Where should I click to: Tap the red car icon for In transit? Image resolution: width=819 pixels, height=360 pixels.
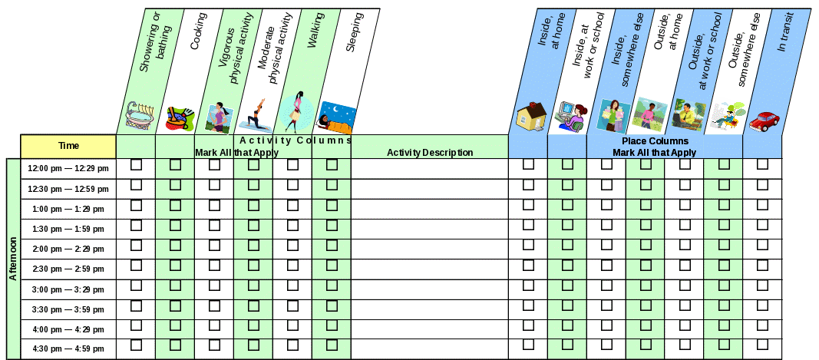click(x=764, y=121)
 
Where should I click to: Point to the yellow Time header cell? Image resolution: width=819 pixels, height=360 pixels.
click(x=68, y=146)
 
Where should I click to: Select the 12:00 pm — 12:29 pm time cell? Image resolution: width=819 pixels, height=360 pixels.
click(x=68, y=168)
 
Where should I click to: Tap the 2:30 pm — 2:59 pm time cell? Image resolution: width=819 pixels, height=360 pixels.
click(x=68, y=269)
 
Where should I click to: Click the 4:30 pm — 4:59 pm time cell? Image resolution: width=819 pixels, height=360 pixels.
click(x=68, y=349)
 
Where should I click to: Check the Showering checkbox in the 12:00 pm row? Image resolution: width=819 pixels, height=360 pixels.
click(x=137, y=164)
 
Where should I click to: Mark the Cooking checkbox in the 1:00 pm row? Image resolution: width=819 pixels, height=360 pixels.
click(x=176, y=205)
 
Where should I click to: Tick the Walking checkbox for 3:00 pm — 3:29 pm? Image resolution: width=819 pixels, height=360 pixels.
click(x=332, y=286)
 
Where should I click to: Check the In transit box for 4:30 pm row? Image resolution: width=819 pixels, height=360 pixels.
click(x=762, y=345)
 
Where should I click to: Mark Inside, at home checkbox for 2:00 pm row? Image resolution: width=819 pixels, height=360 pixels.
click(x=528, y=245)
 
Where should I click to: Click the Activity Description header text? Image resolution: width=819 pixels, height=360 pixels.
click(x=430, y=152)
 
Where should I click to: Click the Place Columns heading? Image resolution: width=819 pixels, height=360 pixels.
click(x=655, y=141)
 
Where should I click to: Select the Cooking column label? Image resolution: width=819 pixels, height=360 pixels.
click(x=198, y=41)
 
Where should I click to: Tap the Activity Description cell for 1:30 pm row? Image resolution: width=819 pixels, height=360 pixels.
click(x=429, y=229)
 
